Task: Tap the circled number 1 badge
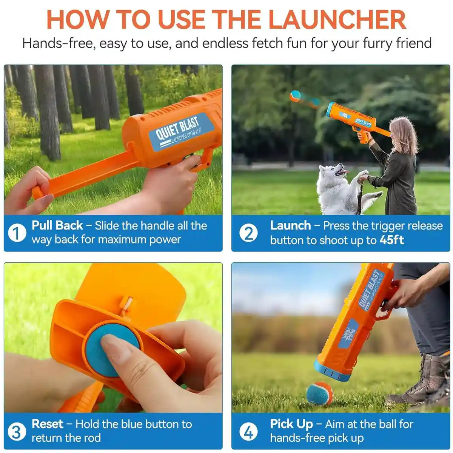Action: pyautogui.click(x=17, y=233)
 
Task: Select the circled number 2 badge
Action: pyautogui.click(x=248, y=233)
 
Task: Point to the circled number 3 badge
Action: pyautogui.click(x=17, y=431)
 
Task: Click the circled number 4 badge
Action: pyautogui.click(x=248, y=431)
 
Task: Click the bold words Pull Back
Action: pyautogui.click(x=57, y=225)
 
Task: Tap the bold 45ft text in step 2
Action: pyautogui.click(x=392, y=240)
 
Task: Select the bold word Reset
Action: pyautogui.click(x=47, y=424)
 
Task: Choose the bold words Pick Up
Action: pyautogui.click(x=291, y=424)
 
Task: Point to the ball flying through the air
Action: pyautogui.click(x=295, y=96)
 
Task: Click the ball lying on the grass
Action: pyautogui.click(x=320, y=394)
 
